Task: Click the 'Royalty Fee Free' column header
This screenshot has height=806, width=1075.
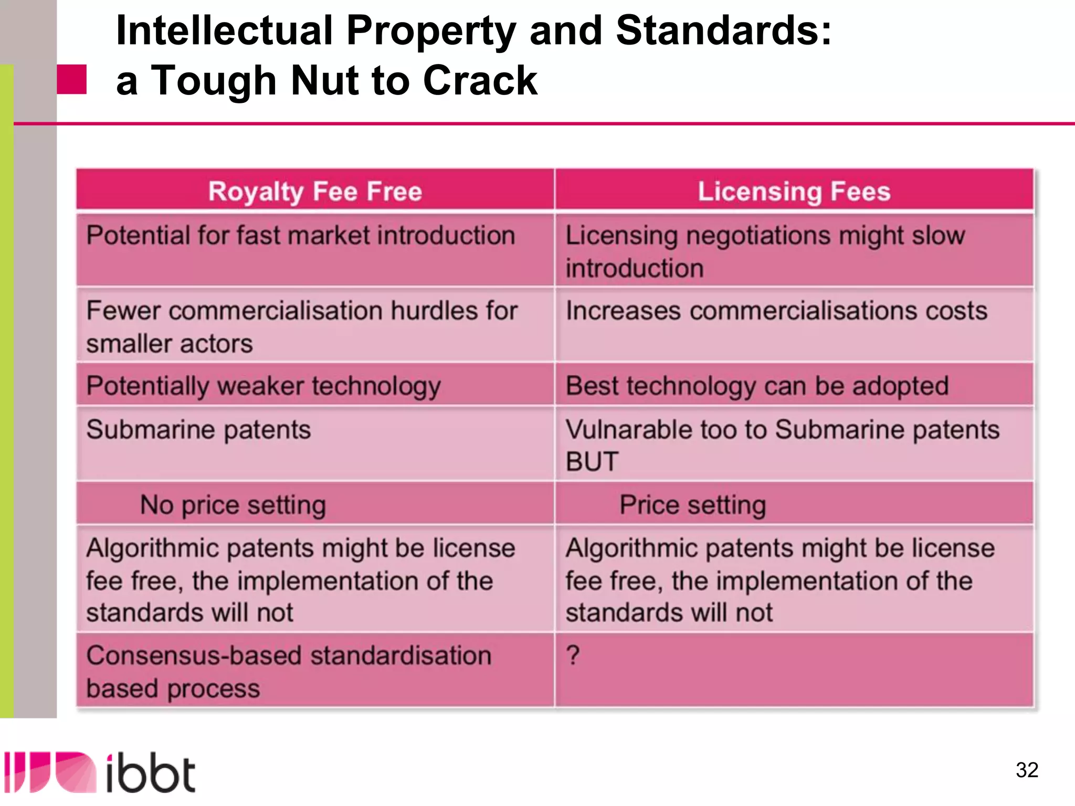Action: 315,191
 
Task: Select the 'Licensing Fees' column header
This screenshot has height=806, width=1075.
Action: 794,191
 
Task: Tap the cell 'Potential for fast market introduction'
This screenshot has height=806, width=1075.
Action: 301,235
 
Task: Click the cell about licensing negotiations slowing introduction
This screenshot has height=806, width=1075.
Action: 765,251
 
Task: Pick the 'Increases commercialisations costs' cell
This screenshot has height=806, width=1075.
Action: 776,311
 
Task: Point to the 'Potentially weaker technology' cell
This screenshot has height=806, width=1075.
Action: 264,386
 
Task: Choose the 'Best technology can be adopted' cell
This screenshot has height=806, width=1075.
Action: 757,386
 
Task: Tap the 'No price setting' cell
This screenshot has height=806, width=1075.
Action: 233,505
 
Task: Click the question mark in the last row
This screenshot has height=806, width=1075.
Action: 573,655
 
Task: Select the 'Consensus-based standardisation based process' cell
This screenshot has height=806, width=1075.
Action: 289,672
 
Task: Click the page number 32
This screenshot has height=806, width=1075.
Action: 1027,770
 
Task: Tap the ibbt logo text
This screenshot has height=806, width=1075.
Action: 151,773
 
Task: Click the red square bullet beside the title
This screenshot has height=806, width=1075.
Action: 72,79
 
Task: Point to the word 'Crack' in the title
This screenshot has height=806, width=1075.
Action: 480,81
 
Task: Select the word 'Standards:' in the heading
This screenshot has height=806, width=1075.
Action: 724,30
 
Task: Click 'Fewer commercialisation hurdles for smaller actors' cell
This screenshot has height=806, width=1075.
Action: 302,327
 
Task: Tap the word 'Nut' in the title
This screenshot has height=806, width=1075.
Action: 323,81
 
